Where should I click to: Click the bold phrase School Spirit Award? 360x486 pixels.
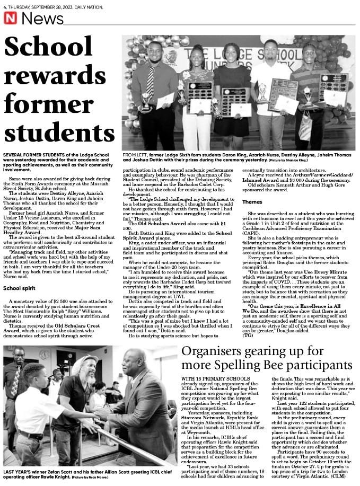(217, 234)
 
